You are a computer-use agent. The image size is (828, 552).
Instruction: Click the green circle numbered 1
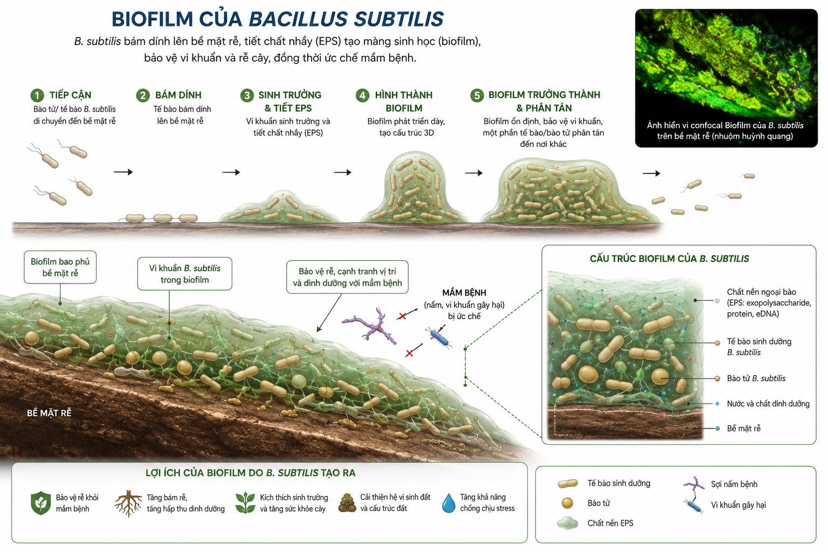(37, 95)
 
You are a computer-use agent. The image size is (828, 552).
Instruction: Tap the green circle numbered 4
(362, 95)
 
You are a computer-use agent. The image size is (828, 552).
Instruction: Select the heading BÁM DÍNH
(178, 95)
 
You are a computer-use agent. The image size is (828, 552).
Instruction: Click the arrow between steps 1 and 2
(123, 172)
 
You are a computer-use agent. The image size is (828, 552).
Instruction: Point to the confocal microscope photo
(726, 78)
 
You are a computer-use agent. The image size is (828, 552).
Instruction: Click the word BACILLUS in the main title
(298, 19)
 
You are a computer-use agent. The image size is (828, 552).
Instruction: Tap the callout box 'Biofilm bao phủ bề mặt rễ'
(60, 267)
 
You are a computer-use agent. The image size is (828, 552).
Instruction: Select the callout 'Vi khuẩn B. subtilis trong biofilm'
(185, 274)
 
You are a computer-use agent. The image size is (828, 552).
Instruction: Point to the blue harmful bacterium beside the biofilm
(439, 337)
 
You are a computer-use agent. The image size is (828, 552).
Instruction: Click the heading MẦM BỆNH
(464, 293)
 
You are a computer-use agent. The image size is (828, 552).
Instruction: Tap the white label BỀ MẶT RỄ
(49, 413)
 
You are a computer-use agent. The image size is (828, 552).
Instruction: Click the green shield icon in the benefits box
(40, 503)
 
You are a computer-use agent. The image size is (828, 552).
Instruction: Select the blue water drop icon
(448, 503)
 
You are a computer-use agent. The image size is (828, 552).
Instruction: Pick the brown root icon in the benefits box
(128, 503)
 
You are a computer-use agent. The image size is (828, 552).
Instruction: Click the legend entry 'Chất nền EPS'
(610, 523)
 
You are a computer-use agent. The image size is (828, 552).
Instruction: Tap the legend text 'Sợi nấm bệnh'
(734, 484)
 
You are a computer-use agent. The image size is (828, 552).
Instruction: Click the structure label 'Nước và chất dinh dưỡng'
(768, 404)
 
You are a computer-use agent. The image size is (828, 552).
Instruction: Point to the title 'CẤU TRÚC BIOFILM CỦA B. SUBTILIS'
(669, 259)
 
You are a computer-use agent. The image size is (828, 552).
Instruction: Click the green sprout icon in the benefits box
(245, 503)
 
